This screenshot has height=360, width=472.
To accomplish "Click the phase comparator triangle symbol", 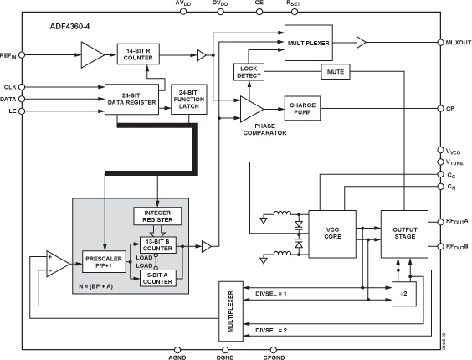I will pos(250,108).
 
